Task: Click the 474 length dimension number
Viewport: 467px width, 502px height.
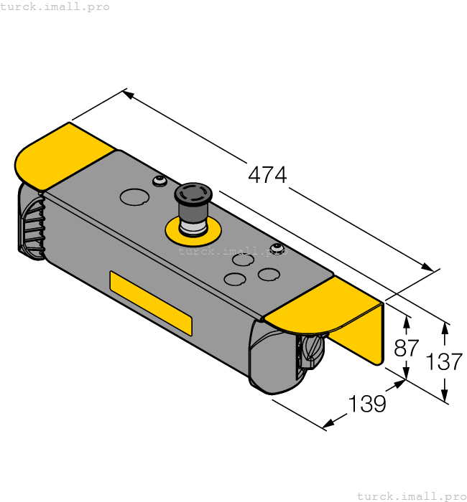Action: [267, 174]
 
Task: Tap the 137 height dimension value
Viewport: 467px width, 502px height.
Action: [444, 361]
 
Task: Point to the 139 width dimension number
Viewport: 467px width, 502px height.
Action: [367, 404]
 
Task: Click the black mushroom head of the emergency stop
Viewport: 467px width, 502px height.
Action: [194, 194]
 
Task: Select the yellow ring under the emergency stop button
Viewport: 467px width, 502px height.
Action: [193, 232]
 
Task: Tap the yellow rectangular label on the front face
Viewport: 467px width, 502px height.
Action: [150, 303]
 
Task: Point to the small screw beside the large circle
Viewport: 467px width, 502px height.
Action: [159, 180]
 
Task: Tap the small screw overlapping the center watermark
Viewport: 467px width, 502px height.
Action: [276, 249]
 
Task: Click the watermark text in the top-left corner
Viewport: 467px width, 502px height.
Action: [55, 6]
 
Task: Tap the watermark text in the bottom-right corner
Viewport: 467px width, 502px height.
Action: [411, 496]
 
